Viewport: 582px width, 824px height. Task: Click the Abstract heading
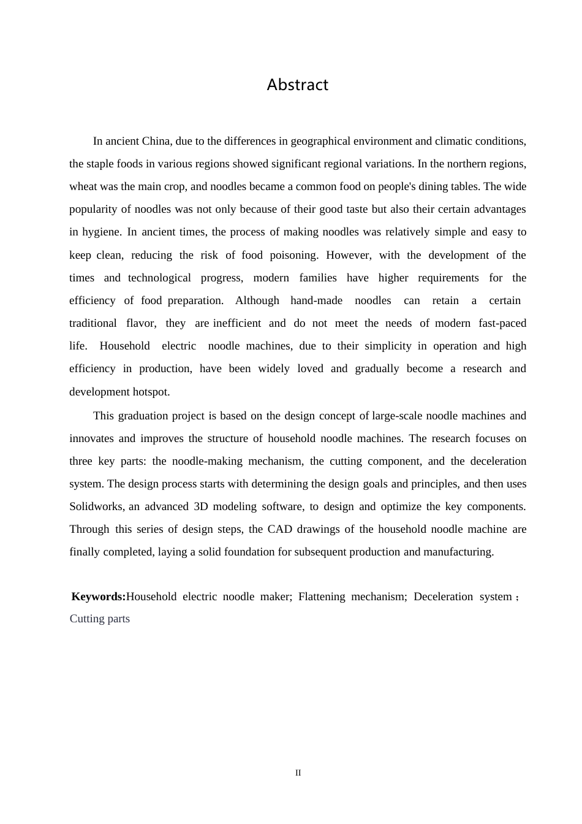coord(298,85)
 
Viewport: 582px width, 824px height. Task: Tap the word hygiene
coord(100,232)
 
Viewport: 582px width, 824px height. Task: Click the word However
coord(348,255)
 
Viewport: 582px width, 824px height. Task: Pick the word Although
coord(257,300)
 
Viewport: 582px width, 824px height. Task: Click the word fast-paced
coord(499,323)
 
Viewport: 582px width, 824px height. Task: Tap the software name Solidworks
coord(97,506)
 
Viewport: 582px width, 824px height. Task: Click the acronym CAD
coord(279,529)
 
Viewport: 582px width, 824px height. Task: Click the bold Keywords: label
coord(99,597)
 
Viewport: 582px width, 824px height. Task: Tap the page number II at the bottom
coord(298,773)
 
